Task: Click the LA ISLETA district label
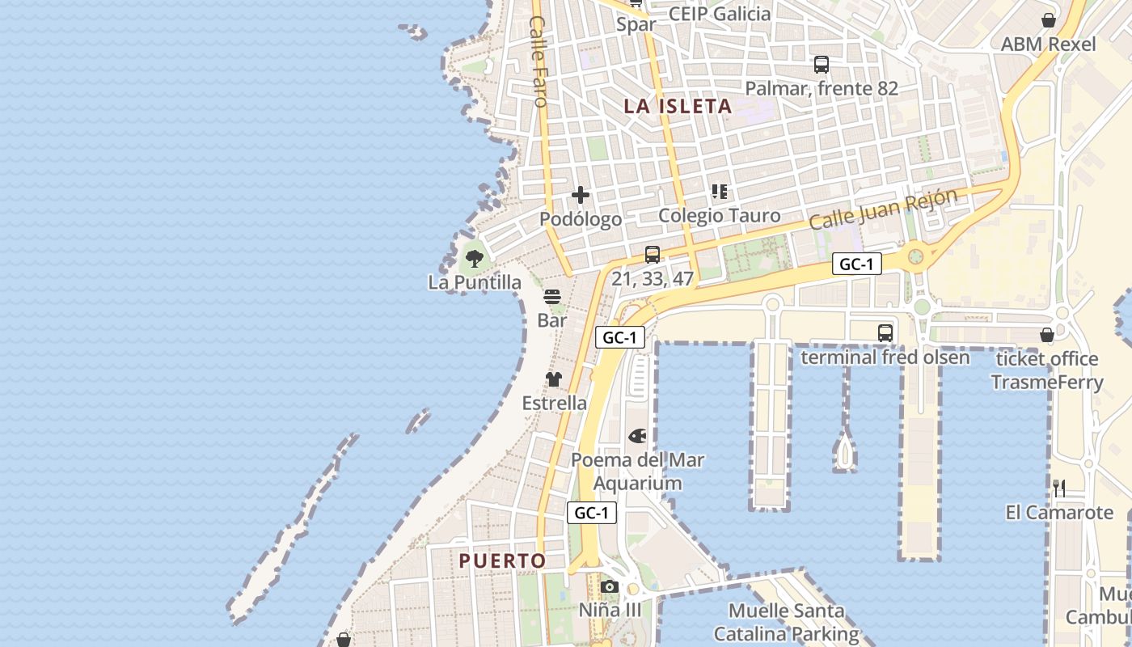(x=678, y=106)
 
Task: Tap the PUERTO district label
(x=502, y=560)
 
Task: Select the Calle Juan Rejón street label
(x=883, y=209)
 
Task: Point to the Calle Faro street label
(x=539, y=61)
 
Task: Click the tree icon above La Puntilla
(x=475, y=259)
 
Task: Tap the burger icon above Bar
(x=552, y=298)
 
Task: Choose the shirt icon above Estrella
(x=554, y=379)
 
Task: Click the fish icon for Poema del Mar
(x=637, y=437)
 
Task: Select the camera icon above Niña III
(x=610, y=587)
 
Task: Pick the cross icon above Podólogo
(x=581, y=195)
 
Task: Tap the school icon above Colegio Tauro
(x=720, y=192)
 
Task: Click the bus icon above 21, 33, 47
(x=653, y=255)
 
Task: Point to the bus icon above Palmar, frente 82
(x=822, y=65)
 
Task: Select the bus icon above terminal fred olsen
(x=885, y=332)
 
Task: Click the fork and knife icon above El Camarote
(x=1059, y=488)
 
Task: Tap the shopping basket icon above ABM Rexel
(x=1049, y=20)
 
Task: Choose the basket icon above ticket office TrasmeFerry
(x=1047, y=335)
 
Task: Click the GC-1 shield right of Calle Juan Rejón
(x=857, y=264)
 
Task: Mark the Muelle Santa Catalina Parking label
(x=786, y=623)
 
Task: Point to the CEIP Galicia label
(x=720, y=14)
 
